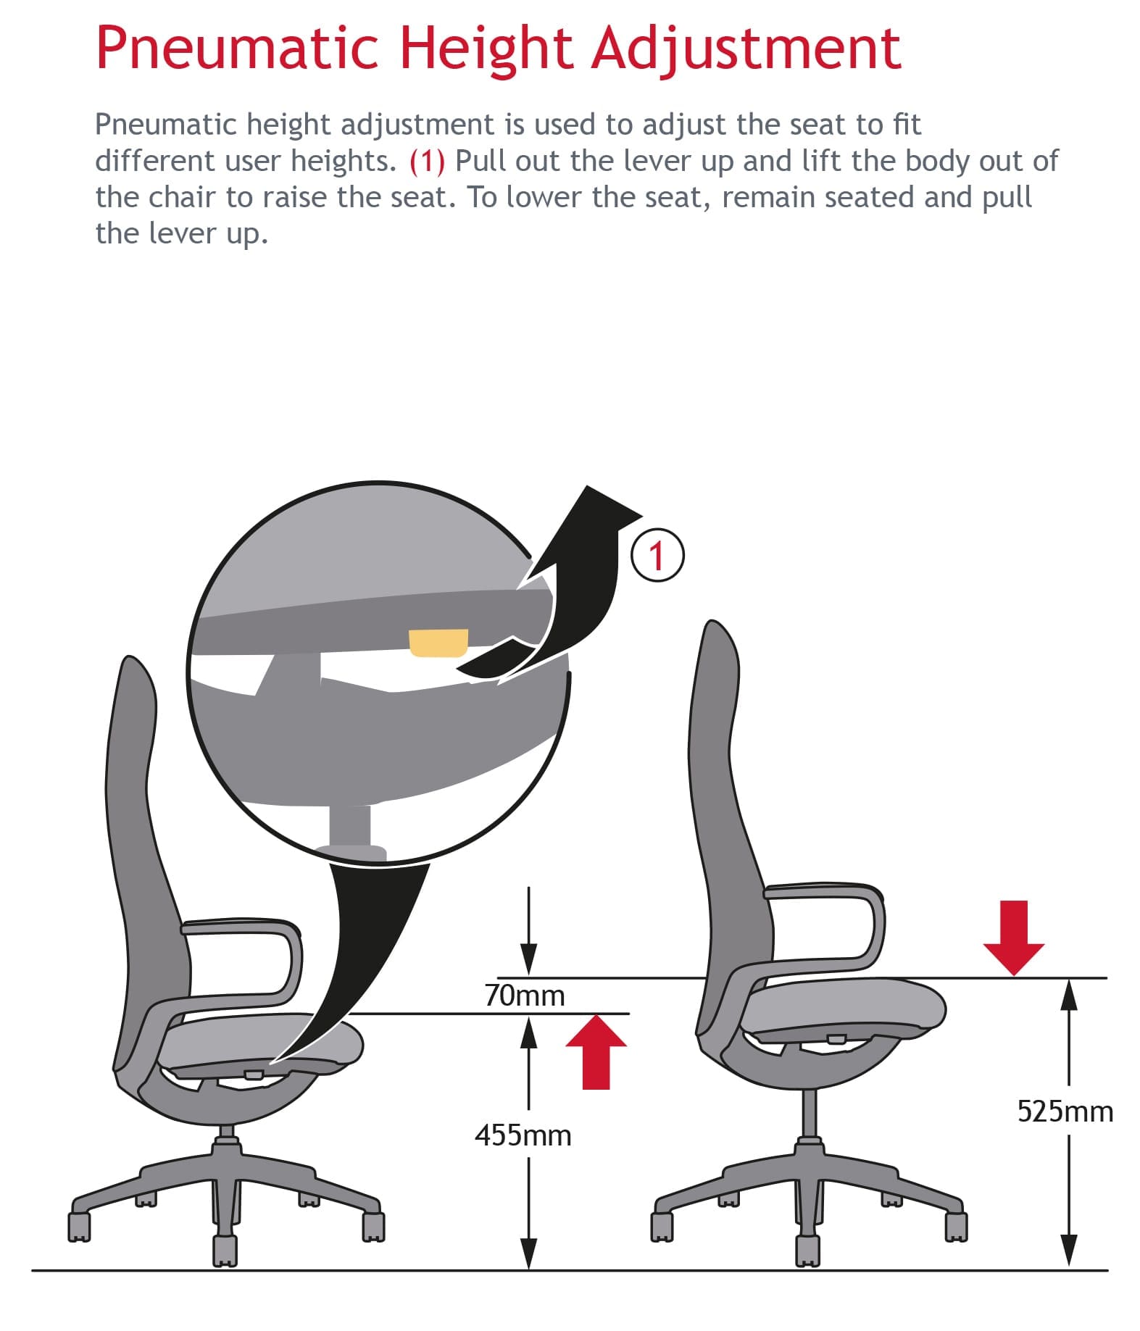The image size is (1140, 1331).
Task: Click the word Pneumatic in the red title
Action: [238, 48]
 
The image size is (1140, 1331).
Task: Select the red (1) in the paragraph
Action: [427, 161]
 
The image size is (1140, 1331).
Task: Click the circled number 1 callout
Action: [657, 556]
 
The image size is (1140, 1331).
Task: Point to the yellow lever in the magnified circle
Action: [439, 643]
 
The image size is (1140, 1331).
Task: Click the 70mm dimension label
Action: [524, 996]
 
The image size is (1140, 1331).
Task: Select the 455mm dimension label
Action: [523, 1135]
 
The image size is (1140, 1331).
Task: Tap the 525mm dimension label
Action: [1065, 1111]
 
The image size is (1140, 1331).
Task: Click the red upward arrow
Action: [596, 1051]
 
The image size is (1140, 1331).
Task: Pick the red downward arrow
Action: [1014, 938]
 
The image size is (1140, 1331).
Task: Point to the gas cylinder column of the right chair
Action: [810, 1111]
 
